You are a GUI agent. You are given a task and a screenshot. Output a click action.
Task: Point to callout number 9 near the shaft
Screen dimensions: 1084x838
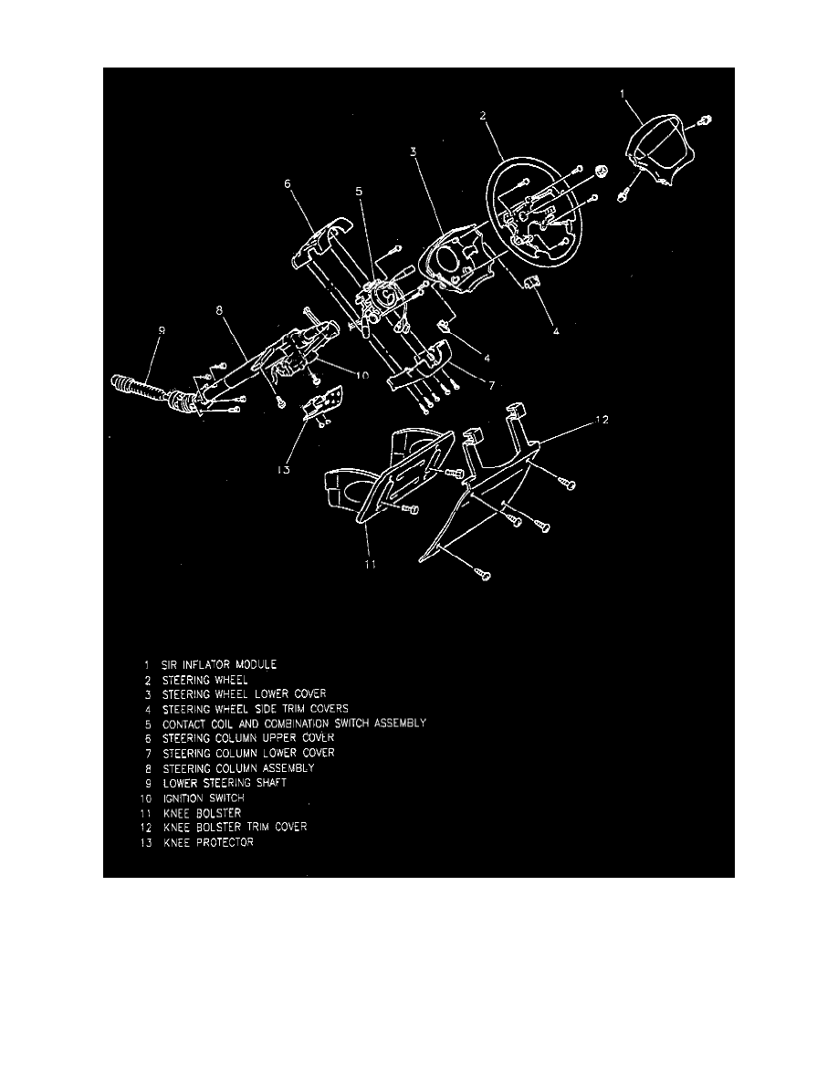160,333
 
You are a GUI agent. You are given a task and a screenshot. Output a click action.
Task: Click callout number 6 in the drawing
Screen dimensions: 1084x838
288,183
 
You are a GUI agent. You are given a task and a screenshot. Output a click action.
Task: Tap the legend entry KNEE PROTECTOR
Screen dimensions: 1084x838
208,842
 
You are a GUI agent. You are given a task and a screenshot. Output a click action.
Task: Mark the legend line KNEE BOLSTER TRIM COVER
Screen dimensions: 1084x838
235,827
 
